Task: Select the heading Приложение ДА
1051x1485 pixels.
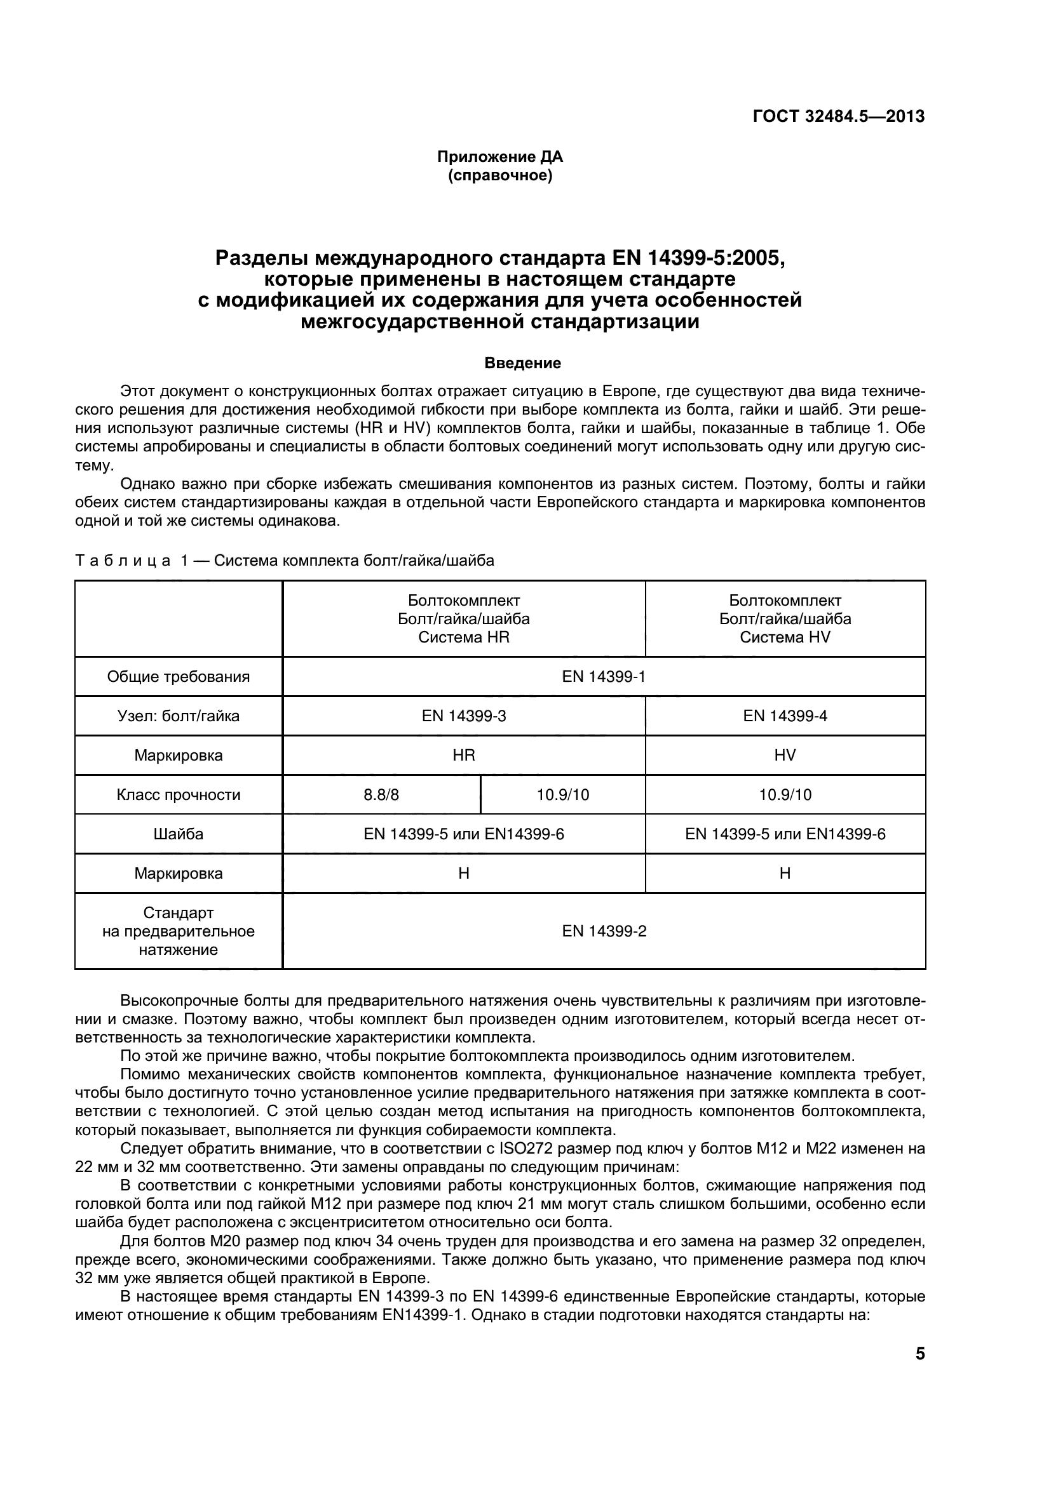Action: (499, 157)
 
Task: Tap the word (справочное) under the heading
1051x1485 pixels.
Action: (499, 175)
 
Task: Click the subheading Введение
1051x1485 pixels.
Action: (522, 364)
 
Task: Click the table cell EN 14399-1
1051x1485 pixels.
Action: (603, 677)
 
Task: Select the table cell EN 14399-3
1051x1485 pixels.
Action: (463, 716)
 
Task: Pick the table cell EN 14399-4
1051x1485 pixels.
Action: (784, 716)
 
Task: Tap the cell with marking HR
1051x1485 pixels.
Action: (463, 755)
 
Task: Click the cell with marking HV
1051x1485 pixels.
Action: (784, 755)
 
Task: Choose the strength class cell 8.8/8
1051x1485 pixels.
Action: (381, 794)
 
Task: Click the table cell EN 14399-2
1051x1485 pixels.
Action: (603, 931)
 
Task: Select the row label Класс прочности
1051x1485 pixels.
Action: (178, 794)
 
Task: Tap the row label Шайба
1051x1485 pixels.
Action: (178, 834)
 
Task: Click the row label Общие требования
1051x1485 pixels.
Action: (178, 677)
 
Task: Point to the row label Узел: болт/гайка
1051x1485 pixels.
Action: (178, 716)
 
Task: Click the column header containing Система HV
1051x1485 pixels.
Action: (784, 619)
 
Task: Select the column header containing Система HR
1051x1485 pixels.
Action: (463, 619)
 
